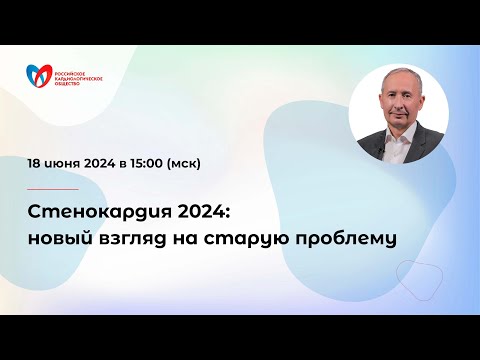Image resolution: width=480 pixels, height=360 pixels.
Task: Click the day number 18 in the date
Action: point(36,161)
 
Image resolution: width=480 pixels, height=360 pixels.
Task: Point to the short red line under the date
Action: point(53,188)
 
